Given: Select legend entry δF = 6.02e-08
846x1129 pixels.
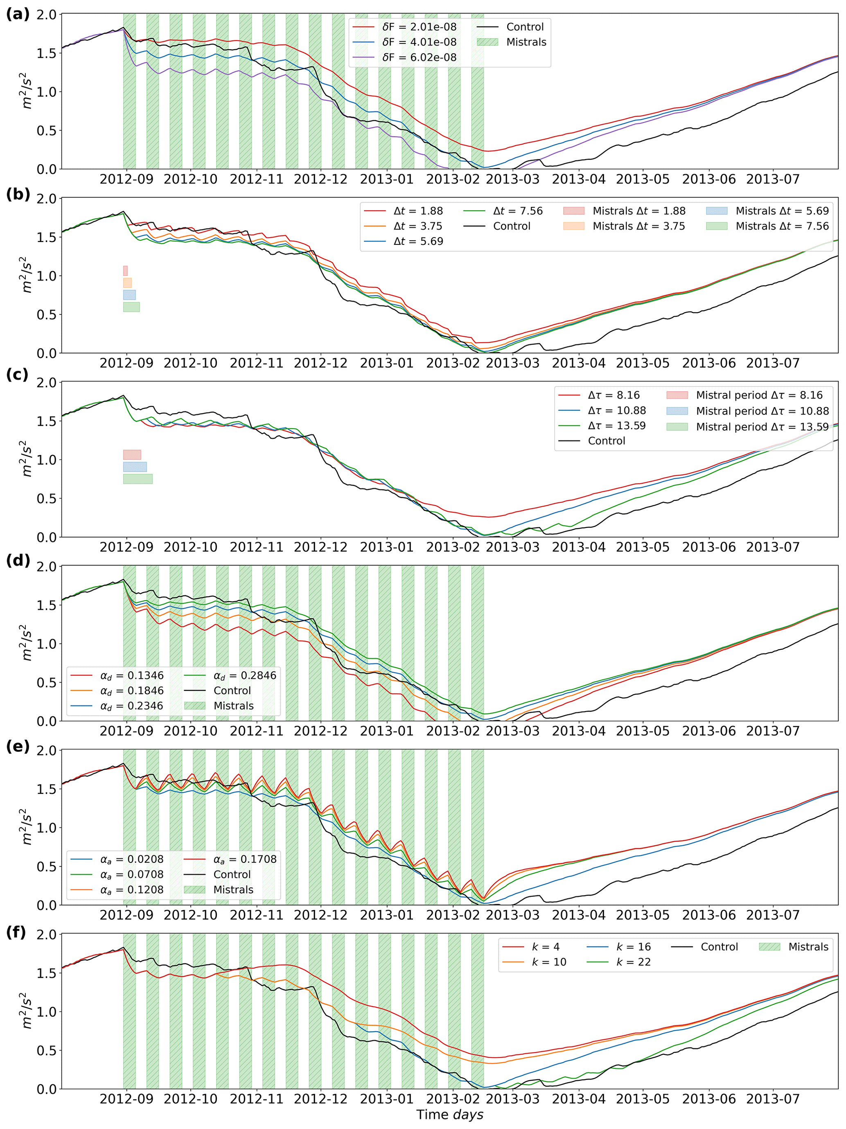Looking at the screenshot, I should pos(419,57).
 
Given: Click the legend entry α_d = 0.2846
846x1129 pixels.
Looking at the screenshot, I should pos(244,675).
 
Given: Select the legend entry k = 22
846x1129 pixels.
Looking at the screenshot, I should pos(633,962).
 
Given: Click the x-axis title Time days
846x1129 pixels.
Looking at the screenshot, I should pos(449,1115).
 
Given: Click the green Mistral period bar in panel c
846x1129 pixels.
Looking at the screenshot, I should pos(138,479).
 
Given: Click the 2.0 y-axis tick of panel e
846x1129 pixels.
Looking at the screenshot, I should pos(46,751).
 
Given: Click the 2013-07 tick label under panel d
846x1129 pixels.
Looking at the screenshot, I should pos(772,731).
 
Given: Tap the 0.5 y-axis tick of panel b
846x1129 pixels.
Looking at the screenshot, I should pos(46,314).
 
